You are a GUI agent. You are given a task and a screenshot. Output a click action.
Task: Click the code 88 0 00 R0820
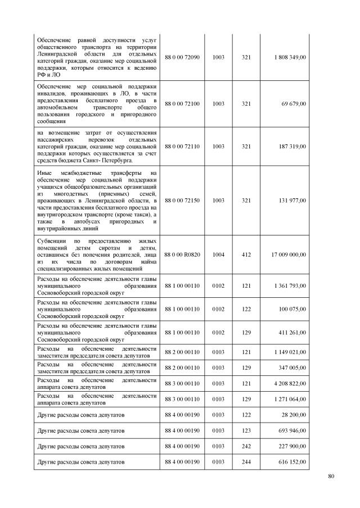tap(182, 255)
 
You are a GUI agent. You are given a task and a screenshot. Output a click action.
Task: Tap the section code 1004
tap(218, 255)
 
